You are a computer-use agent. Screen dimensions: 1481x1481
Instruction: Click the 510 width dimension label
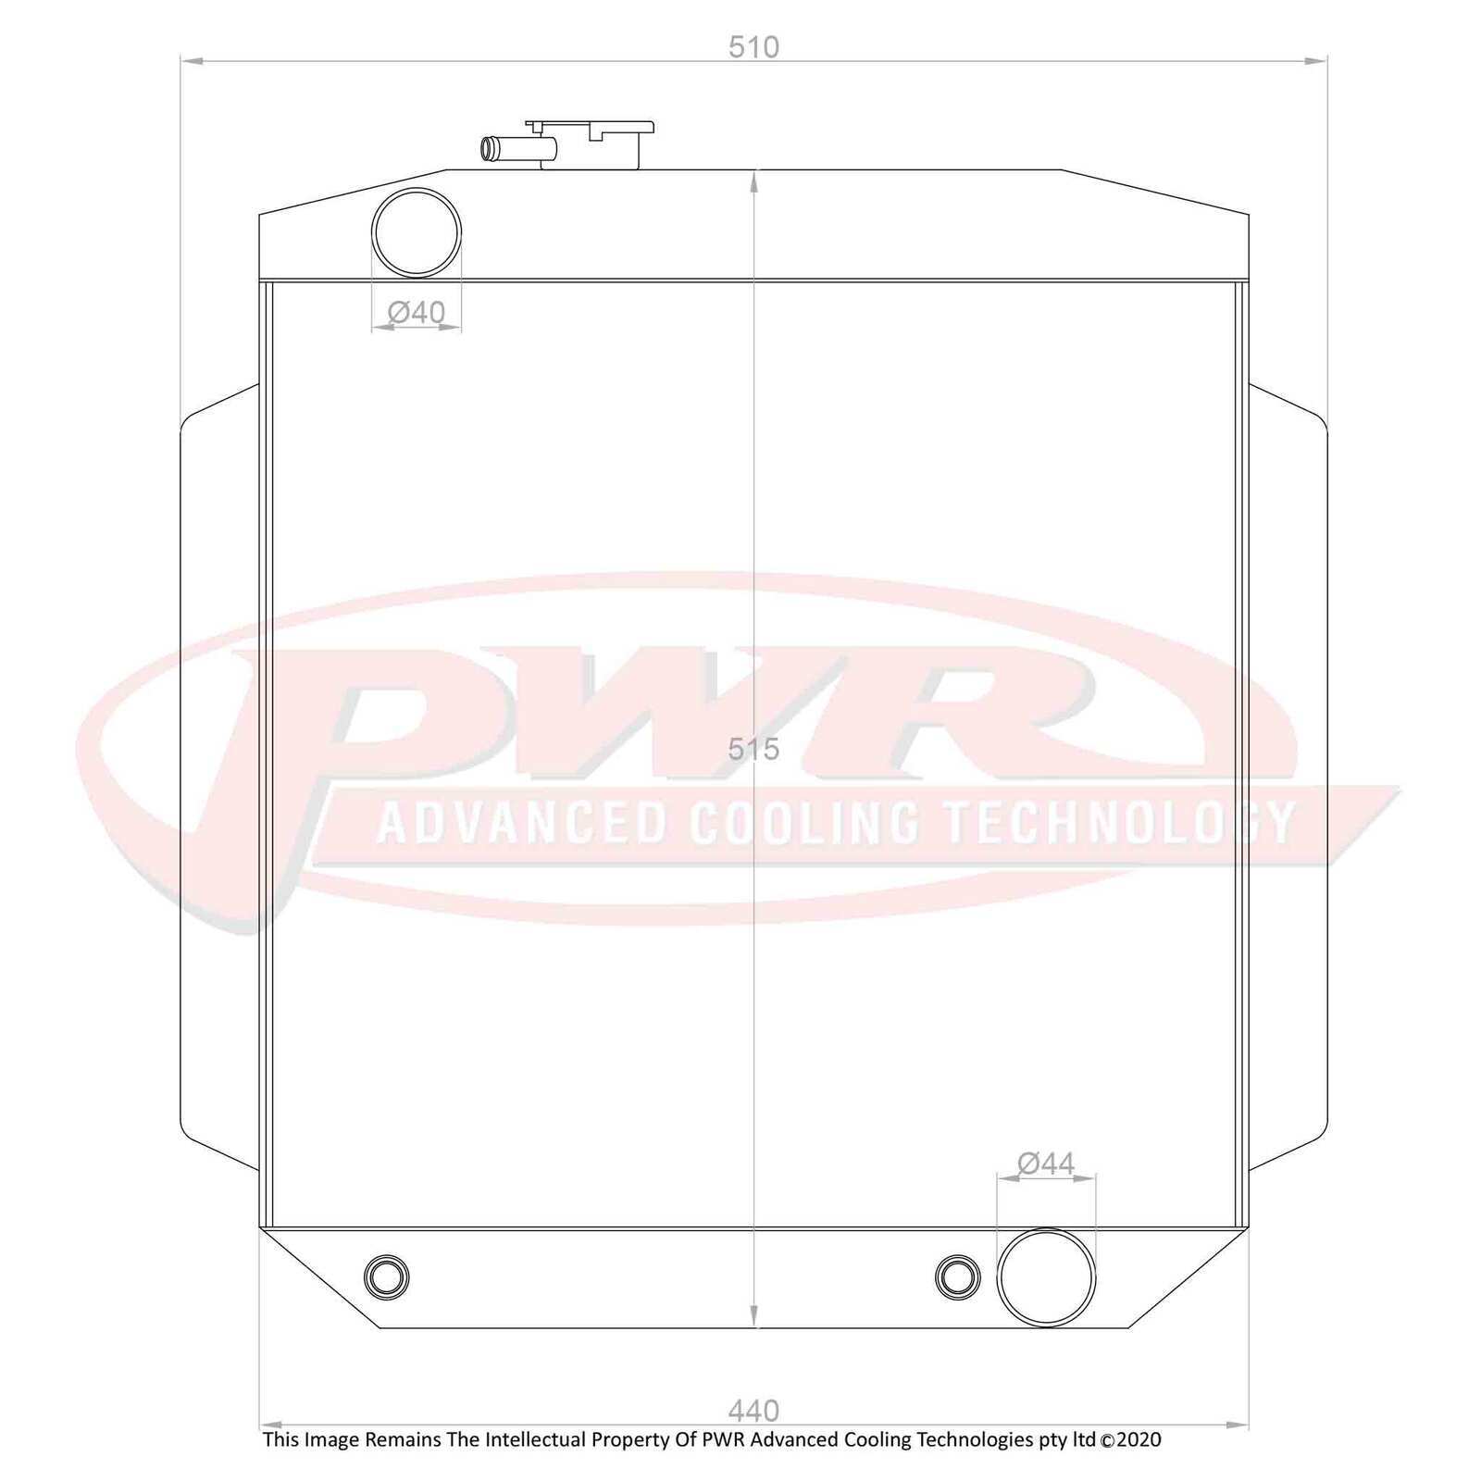click(753, 46)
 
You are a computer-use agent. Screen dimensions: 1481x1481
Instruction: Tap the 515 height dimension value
click(753, 749)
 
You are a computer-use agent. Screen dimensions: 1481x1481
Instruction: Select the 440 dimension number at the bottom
click(753, 1411)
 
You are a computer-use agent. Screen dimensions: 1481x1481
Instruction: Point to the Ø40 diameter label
click(417, 313)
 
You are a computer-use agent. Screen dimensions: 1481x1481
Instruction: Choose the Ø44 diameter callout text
click(1046, 1164)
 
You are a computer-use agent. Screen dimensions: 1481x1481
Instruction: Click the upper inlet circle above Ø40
click(417, 189)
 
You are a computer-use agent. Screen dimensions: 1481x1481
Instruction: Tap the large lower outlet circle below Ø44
click(1046, 1229)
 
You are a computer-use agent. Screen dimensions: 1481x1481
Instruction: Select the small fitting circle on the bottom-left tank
click(387, 1256)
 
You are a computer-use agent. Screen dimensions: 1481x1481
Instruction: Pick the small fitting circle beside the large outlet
click(958, 1256)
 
